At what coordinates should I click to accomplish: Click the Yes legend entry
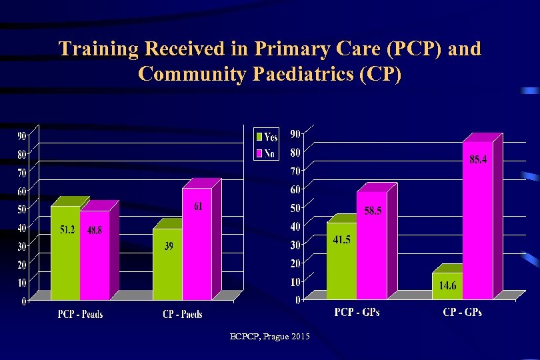[266, 137]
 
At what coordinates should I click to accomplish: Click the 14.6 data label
[447, 286]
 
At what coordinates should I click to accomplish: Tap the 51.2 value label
[67, 230]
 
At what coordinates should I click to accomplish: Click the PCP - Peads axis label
[81, 314]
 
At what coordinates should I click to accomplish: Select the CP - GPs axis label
[462, 311]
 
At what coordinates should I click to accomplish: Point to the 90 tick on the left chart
[21, 136]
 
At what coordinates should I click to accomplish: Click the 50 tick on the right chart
[294, 209]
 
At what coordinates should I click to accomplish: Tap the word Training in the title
[98, 49]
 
